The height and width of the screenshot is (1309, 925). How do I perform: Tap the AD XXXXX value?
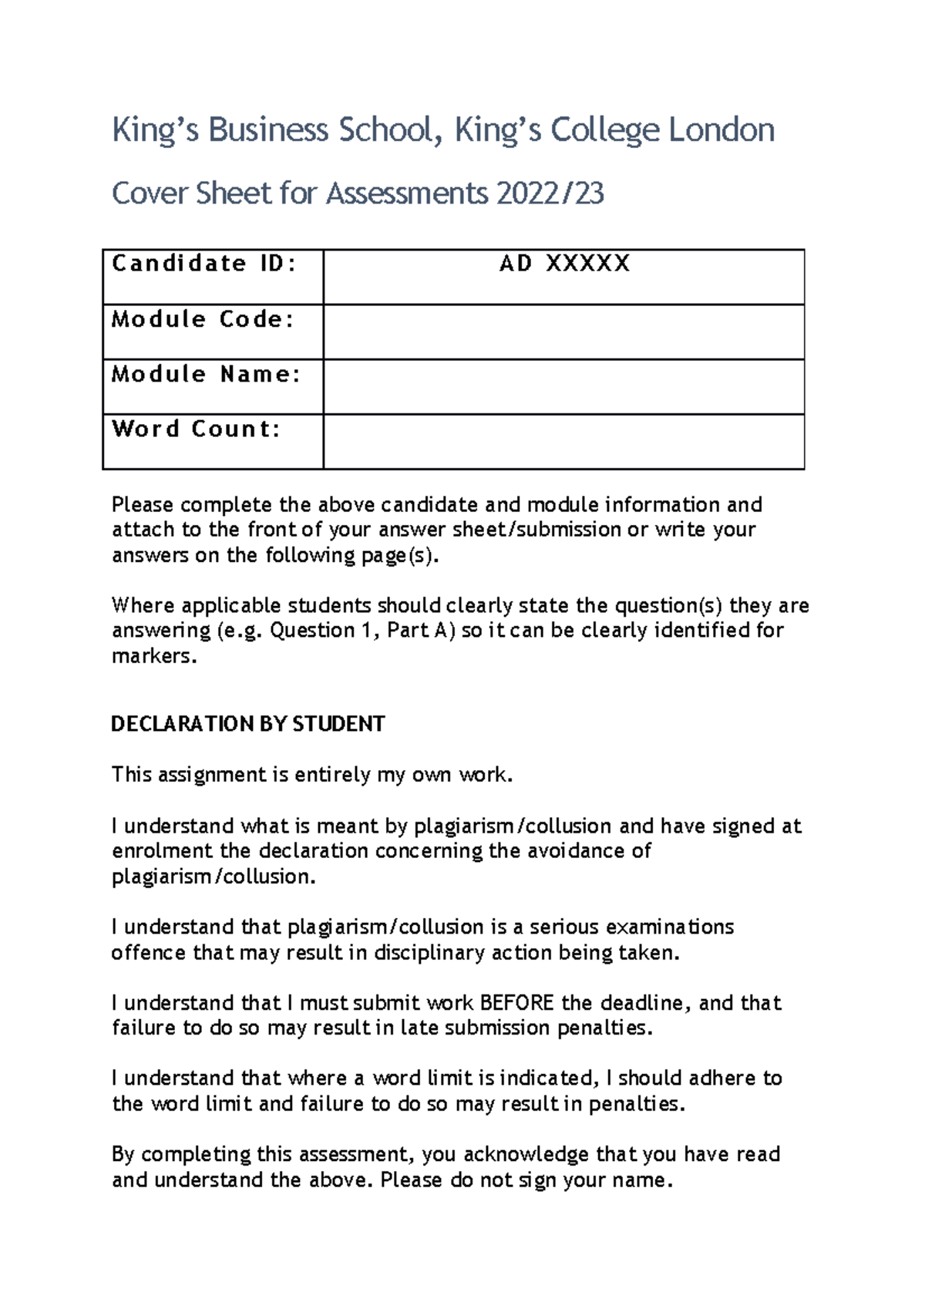point(564,264)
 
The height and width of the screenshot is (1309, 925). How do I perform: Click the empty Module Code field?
point(563,332)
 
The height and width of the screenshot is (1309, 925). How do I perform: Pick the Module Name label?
point(206,375)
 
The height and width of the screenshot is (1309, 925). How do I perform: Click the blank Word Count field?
point(563,442)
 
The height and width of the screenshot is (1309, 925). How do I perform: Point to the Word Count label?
point(197,429)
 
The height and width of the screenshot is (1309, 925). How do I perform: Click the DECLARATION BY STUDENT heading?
point(247,725)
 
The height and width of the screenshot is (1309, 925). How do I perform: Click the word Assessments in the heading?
point(407,193)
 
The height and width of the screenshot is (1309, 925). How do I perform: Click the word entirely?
point(333,775)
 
